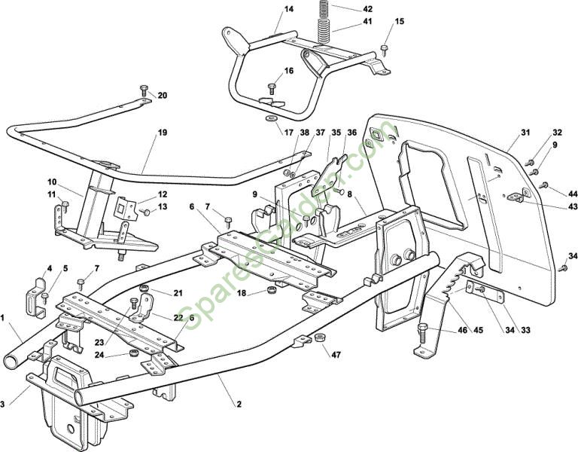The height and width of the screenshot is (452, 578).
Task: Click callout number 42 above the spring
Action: pos(367,9)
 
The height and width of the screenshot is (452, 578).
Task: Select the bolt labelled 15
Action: pos(384,50)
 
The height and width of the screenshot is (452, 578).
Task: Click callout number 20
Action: pos(163,95)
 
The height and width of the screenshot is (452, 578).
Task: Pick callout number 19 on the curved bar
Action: pos(163,132)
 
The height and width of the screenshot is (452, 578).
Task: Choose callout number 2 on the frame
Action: pos(239,405)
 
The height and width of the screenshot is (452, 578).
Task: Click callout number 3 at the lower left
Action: pos(4,405)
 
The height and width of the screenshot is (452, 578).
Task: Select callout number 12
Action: pos(163,194)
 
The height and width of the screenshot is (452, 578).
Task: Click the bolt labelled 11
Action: pos(65,205)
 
